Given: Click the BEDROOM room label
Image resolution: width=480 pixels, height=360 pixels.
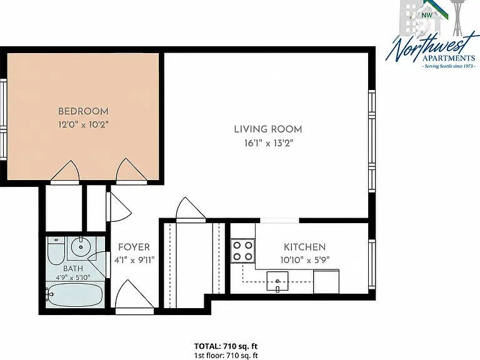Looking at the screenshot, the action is pos(83,111).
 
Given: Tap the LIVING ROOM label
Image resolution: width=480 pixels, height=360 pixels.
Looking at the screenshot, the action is pos(268,129).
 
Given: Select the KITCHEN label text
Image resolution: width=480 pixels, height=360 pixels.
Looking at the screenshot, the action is pos(304,247).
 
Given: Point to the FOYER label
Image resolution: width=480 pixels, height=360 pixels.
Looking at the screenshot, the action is pos(134,247).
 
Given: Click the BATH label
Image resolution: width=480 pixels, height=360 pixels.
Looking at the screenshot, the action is pos(73,269).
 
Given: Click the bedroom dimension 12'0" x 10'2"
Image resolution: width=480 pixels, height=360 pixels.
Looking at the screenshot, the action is pos(84,124).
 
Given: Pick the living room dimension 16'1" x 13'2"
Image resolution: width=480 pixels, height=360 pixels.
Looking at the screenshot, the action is pos(269,143).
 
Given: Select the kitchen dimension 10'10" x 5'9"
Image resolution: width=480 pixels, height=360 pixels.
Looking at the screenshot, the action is pos(305,260).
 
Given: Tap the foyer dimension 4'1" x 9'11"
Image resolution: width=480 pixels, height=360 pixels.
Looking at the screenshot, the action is pos(134,260).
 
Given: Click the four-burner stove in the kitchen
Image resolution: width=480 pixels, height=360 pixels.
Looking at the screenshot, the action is pos(242,251).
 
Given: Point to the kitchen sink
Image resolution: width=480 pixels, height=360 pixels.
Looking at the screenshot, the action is pos(277,281).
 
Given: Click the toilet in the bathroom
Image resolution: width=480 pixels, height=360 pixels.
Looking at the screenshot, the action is pos(56,251).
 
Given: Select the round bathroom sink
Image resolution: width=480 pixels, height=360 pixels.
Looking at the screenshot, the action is pos(81,247).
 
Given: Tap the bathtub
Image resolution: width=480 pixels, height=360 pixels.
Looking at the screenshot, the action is pos(75,296).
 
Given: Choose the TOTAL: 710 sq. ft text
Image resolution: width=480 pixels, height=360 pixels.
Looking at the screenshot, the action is pos(226,346).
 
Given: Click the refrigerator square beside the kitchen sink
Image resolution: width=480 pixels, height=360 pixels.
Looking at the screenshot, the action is pos(326,281).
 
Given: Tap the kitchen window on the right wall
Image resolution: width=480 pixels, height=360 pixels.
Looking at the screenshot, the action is pos(372,264).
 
